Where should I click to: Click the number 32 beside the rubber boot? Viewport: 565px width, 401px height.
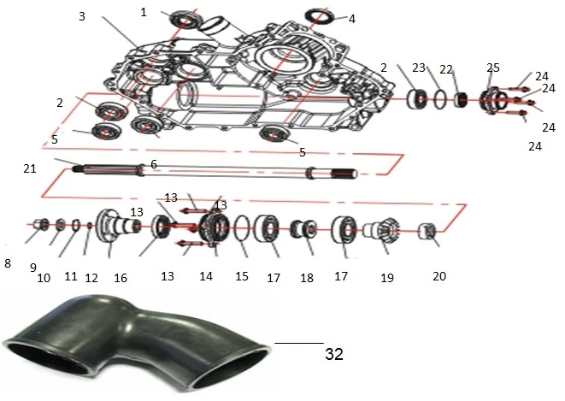[334, 354]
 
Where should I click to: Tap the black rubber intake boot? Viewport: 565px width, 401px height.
[137, 346]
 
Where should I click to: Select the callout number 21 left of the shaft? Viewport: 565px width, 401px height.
[30, 168]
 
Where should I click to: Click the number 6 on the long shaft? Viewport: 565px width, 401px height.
[154, 165]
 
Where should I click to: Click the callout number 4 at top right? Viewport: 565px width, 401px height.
[352, 19]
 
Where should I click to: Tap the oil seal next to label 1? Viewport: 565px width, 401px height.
[185, 19]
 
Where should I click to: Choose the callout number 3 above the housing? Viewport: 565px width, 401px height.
[82, 16]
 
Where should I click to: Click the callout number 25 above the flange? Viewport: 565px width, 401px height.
[493, 68]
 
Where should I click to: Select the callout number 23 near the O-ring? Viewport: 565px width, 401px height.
[419, 68]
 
